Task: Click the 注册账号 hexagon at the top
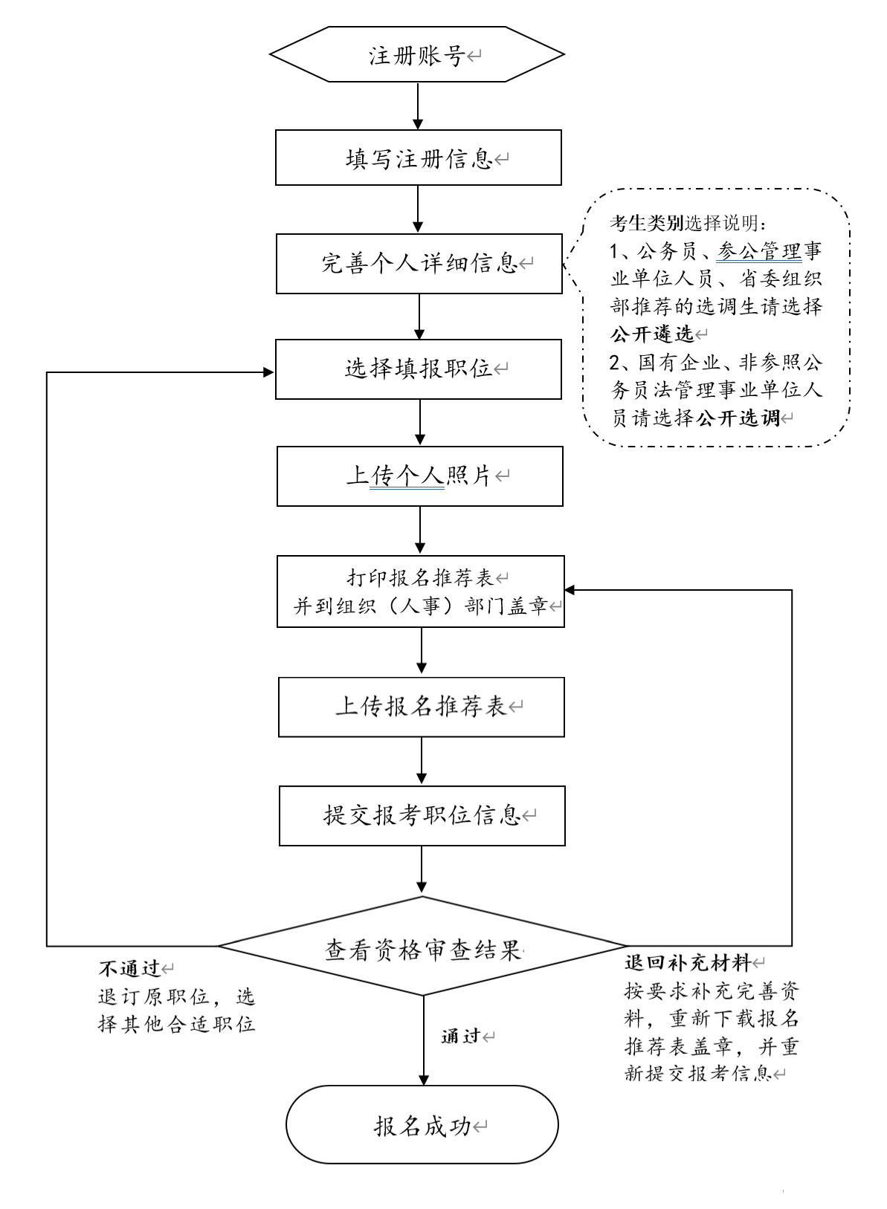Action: [x=417, y=55]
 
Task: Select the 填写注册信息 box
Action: [x=418, y=158]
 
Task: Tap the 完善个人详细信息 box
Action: [x=419, y=264]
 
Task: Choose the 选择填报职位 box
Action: [x=419, y=369]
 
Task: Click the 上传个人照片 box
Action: [x=419, y=476]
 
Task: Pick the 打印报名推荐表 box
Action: [x=420, y=591]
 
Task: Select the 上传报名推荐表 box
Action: [x=421, y=707]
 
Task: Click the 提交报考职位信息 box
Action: [x=422, y=816]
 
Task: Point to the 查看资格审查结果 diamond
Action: [x=422, y=947]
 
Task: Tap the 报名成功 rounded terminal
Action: [x=422, y=1124]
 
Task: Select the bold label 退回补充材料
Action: [x=687, y=964]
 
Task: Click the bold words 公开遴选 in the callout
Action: [x=651, y=334]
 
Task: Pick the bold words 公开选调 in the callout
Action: [x=738, y=418]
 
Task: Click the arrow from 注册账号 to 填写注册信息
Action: [x=418, y=106]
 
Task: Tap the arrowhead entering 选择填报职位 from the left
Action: [x=268, y=371]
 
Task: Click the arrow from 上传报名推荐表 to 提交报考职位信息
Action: [x=422, y=761]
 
